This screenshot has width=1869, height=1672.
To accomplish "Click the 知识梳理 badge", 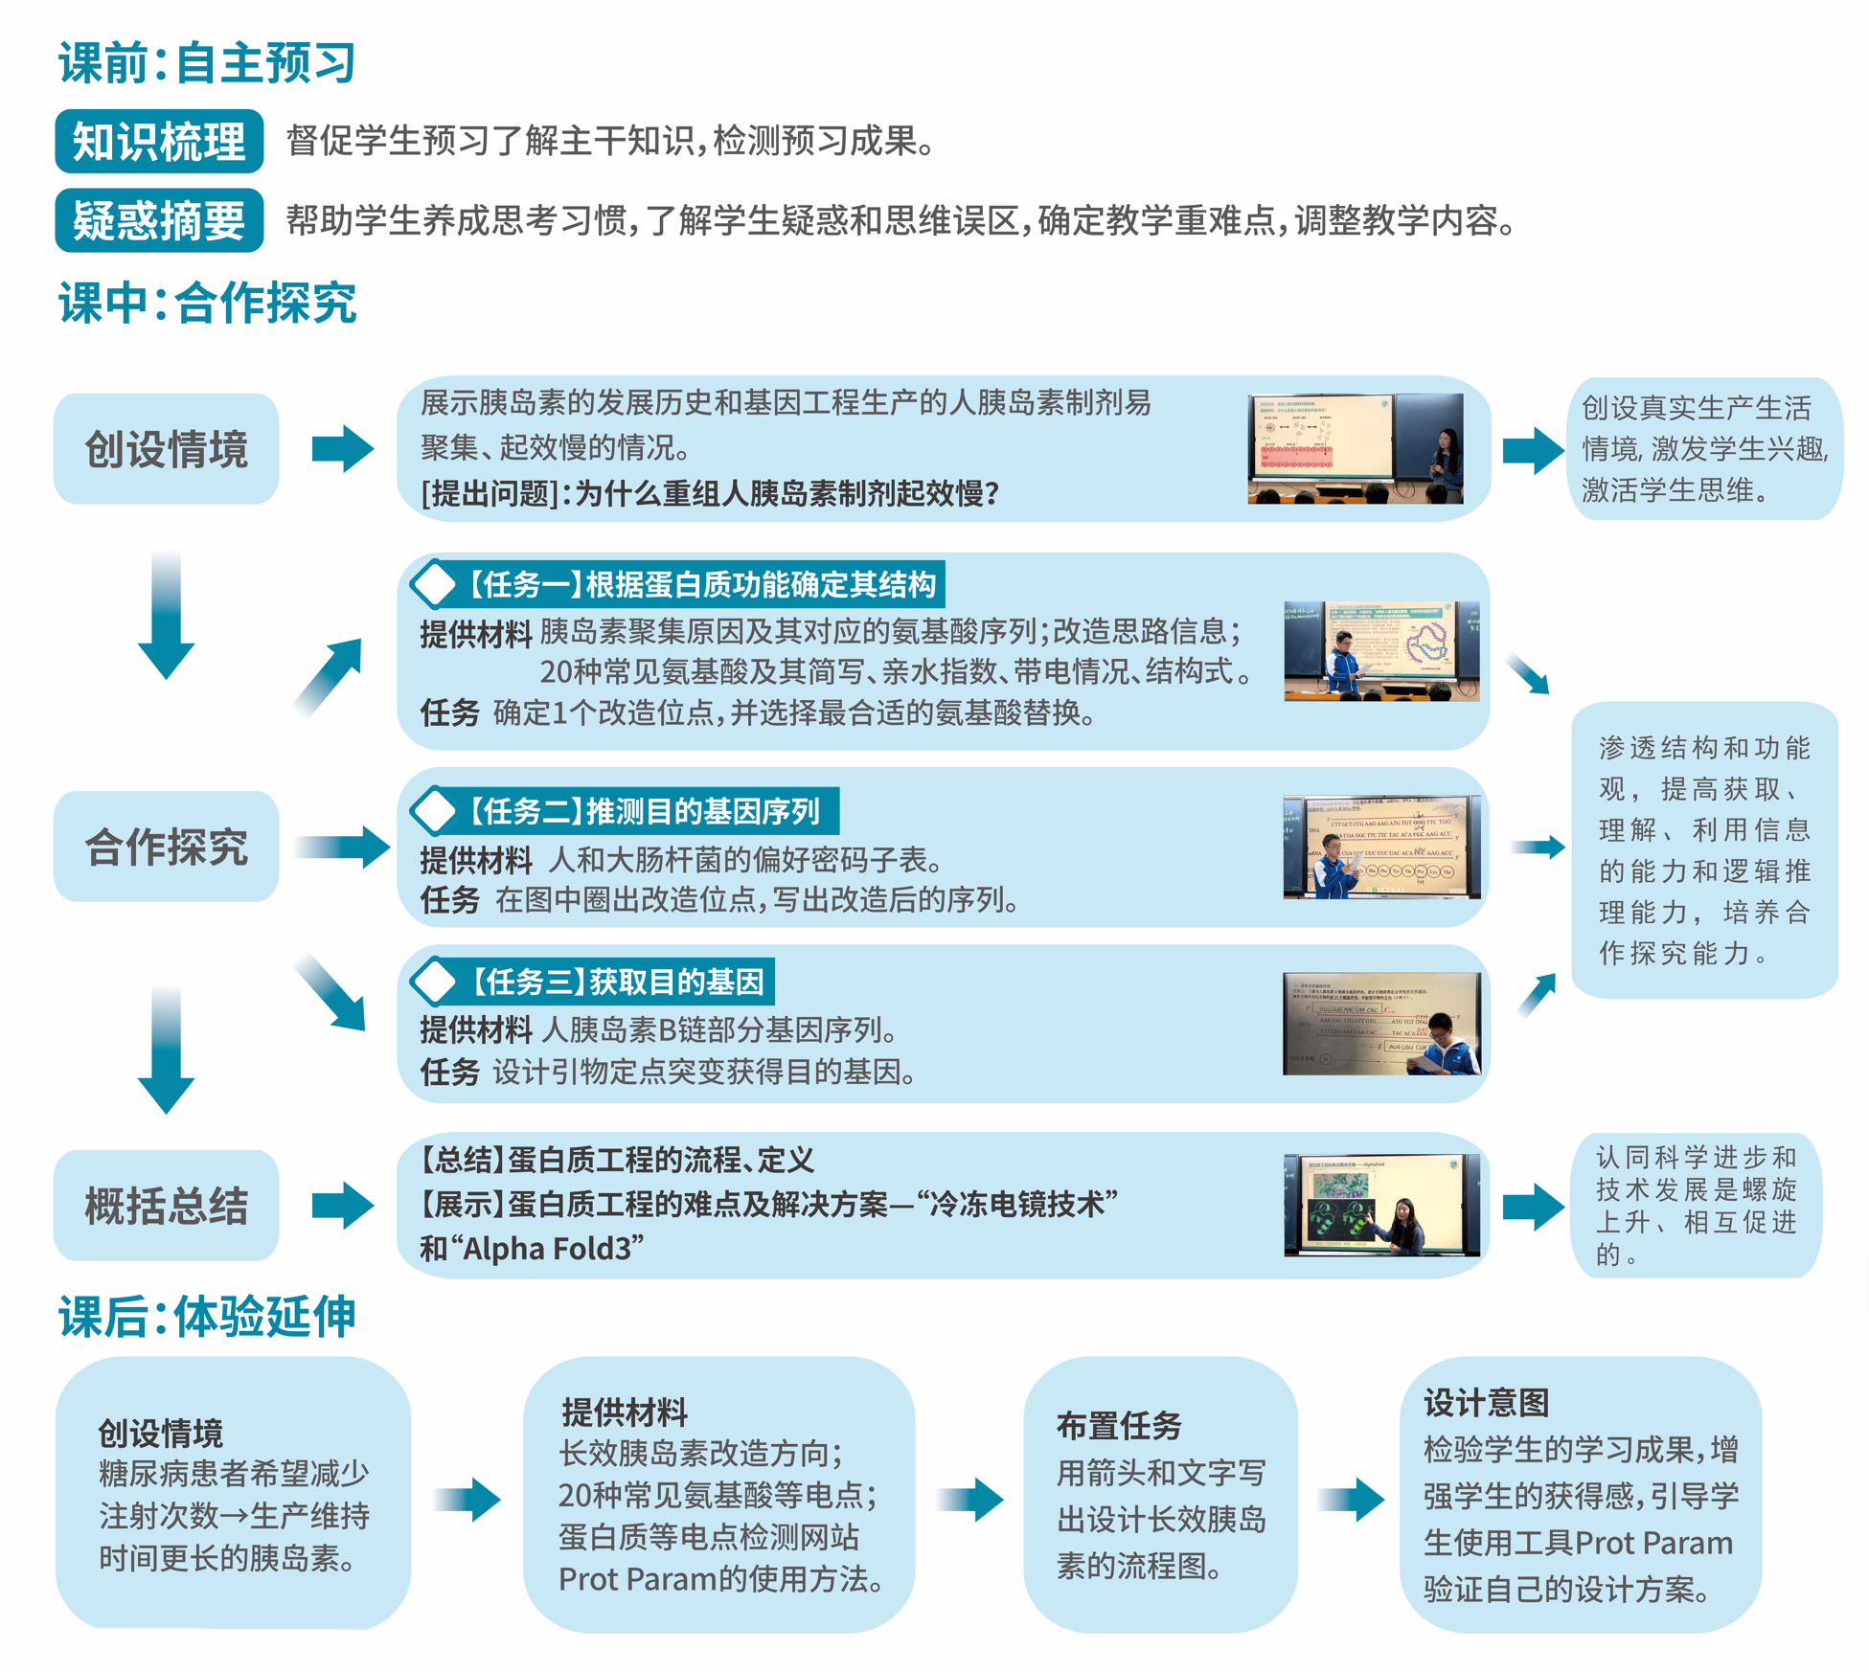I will tap(159, 142).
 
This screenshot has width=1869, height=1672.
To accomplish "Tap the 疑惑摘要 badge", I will tap(159, 221).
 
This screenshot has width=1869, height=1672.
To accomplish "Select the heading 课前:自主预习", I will tap(207, 63).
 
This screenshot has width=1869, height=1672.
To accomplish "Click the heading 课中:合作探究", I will tap(207, 304).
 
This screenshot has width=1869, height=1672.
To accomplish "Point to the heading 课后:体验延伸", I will tap(207, 1317).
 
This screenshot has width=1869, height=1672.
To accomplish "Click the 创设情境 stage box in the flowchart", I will tap(166, 449).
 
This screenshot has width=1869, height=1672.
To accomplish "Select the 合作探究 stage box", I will tap(166, 847).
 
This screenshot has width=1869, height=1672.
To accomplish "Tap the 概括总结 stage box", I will tap(166, 1206).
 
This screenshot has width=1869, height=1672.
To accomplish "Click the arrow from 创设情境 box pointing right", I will tap(342, 449).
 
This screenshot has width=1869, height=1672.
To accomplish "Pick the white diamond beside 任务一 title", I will tap(434, 584).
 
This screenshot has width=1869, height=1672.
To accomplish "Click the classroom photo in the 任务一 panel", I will tap(1380, 652).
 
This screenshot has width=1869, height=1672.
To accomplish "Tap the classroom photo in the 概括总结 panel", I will tap(1380, 1206).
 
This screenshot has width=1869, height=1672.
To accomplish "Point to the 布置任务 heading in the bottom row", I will tap(1118, 1426).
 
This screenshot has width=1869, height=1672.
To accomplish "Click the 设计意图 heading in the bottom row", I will tap(1486, 1403).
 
